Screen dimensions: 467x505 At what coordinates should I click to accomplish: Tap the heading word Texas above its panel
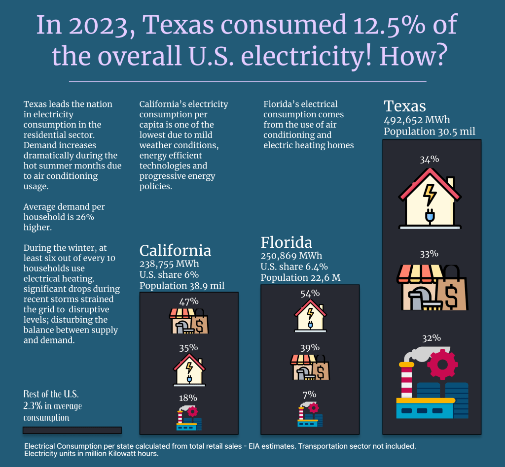click(x=405, y=106)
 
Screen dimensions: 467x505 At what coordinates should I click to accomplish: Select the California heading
click(x=175, y=250)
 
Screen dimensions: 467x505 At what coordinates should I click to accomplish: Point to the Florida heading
click(x=287, y=242)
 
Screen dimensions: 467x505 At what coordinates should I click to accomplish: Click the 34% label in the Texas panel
click(x=429, y=159)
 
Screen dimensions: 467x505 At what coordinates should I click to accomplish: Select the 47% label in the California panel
click(x=188, y=301)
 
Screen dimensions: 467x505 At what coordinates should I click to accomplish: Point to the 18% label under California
click(x=188, y=398)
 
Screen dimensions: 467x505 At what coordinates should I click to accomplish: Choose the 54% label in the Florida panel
click(x=310, y=294)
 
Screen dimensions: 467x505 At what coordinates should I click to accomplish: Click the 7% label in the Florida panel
click(x=310, y=394)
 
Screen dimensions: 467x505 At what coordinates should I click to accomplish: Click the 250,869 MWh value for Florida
click(x=291, y=256)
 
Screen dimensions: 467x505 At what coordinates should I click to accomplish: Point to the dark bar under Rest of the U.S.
click(x=72, y=430)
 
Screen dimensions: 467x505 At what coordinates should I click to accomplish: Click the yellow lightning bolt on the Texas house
click(x=430, y=194)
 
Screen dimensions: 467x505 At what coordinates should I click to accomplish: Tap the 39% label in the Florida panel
click(x=310, y=348)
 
